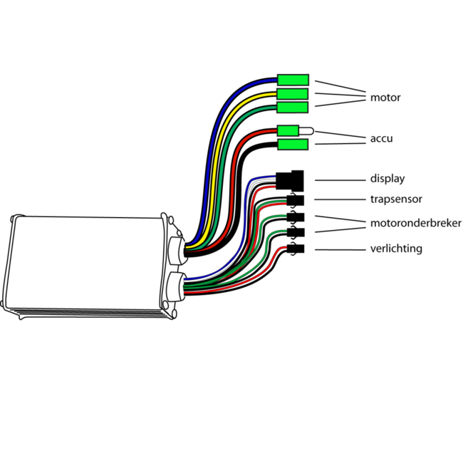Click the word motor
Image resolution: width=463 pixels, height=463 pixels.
pos(385,98)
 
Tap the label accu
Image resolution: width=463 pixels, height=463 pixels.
pos(381,139)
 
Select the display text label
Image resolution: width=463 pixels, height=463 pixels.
pos(387,179)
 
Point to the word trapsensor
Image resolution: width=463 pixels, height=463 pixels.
pos(396,199)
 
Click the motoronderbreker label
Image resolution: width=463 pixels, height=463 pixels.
pos(415,224)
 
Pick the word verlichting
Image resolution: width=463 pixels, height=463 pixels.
pos(396,249)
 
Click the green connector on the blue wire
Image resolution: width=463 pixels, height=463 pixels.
pos(293,80)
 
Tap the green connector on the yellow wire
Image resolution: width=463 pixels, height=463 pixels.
pos(293,94)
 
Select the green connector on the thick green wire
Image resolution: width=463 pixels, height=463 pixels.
pos(293,108)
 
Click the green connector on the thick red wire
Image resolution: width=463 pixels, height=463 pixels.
pos(287,130)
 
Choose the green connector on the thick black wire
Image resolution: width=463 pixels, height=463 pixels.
pos(293,145)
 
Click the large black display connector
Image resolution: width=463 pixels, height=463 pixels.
pos(290,179)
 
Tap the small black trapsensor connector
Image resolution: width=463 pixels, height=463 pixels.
pos(295,199)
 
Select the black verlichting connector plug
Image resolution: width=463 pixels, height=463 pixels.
pos(295,249)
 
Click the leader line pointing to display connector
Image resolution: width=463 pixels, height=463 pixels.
pos(338,180)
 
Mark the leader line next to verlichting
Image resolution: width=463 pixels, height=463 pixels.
pos(338,249)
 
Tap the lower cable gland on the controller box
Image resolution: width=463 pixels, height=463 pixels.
pos(175,286)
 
